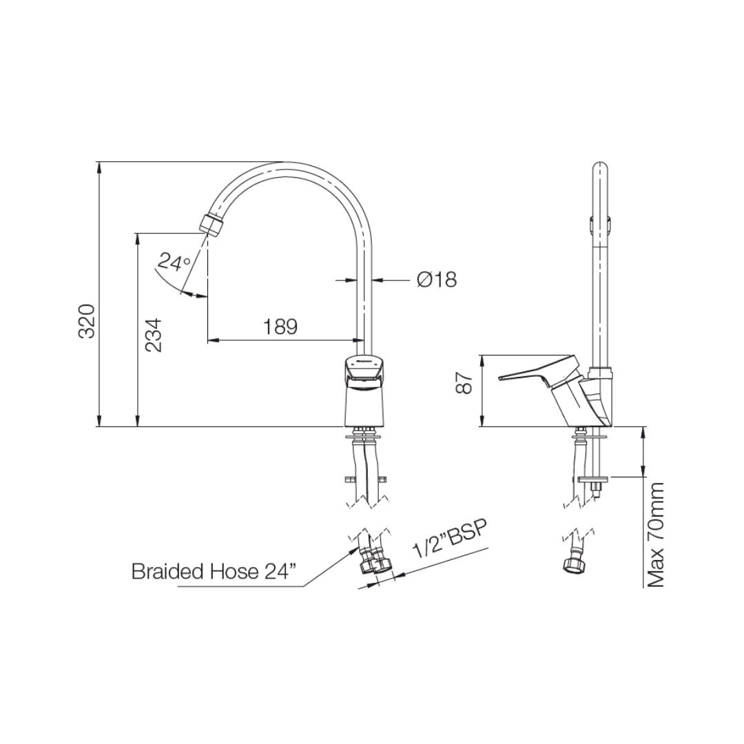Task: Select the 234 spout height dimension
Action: pyautogui.click(x=153, y=335)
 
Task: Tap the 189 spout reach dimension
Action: pyautogui.click(x=280, y=327)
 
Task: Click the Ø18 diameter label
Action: pyautogui.click(x=437, y=280)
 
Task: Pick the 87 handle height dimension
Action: pyautogui.click(x=464, y=382)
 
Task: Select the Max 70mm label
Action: pyautogui.click(x=655, y=535)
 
